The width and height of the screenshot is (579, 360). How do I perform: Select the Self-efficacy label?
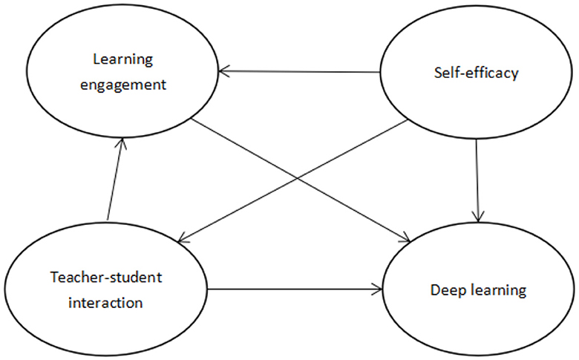coord(476,73)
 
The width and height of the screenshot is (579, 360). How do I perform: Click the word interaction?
coord(106,303)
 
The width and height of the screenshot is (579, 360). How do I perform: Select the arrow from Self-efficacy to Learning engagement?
coord(297,72)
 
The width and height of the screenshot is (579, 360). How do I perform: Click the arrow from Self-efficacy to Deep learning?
coord(477,178)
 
